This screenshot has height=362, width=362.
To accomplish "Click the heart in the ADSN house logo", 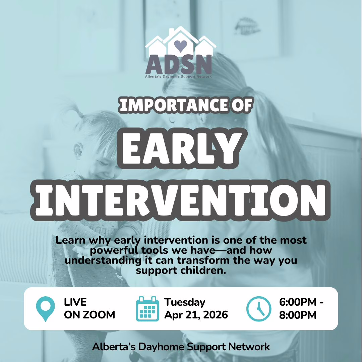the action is [x=180, y=46].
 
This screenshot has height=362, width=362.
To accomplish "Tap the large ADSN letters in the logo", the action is [x=179, y=64].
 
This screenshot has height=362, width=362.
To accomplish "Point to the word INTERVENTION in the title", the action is [x=180, y=200].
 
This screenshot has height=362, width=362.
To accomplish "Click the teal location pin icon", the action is [x=46, y=309].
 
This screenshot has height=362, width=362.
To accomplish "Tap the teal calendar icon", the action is [x=147, y=309].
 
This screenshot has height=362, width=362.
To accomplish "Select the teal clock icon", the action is [x=258, y=309].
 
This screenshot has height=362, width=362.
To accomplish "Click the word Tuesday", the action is [x=185, y=302].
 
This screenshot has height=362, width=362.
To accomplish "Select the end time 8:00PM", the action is [x=298, y=315].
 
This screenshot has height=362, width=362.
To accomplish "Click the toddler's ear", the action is [x=78, y=150].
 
